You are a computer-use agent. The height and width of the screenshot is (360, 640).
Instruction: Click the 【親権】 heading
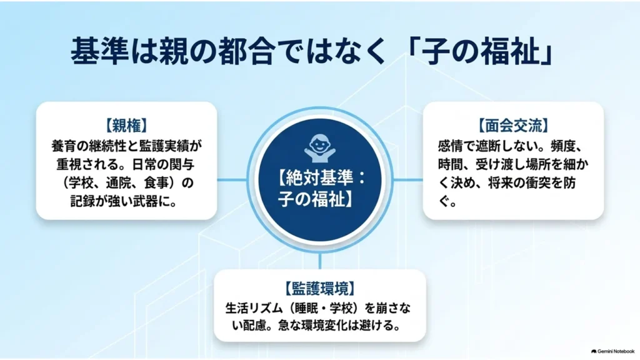pos(126,125)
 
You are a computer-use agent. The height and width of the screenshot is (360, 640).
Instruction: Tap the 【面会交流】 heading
pos(514,125)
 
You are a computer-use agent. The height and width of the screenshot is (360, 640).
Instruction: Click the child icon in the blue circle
pos(320,147)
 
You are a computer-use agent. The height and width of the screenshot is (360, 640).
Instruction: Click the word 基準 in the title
pos(99,51)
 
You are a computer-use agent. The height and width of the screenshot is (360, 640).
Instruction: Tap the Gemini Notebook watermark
pos(612,351)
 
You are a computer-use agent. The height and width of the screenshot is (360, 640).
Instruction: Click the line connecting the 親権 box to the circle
pos(232,179)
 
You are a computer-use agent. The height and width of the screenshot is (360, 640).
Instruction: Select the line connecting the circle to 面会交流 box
pos(407,179)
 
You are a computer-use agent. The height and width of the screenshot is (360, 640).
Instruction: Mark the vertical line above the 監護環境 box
pos(320,261)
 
